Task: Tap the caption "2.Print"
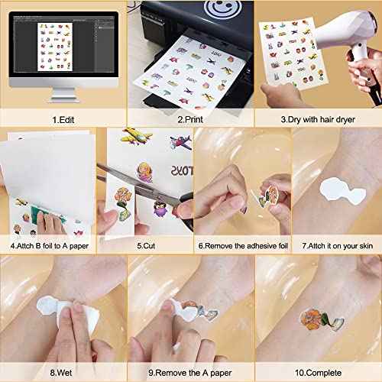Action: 189,120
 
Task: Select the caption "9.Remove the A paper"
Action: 189,374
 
